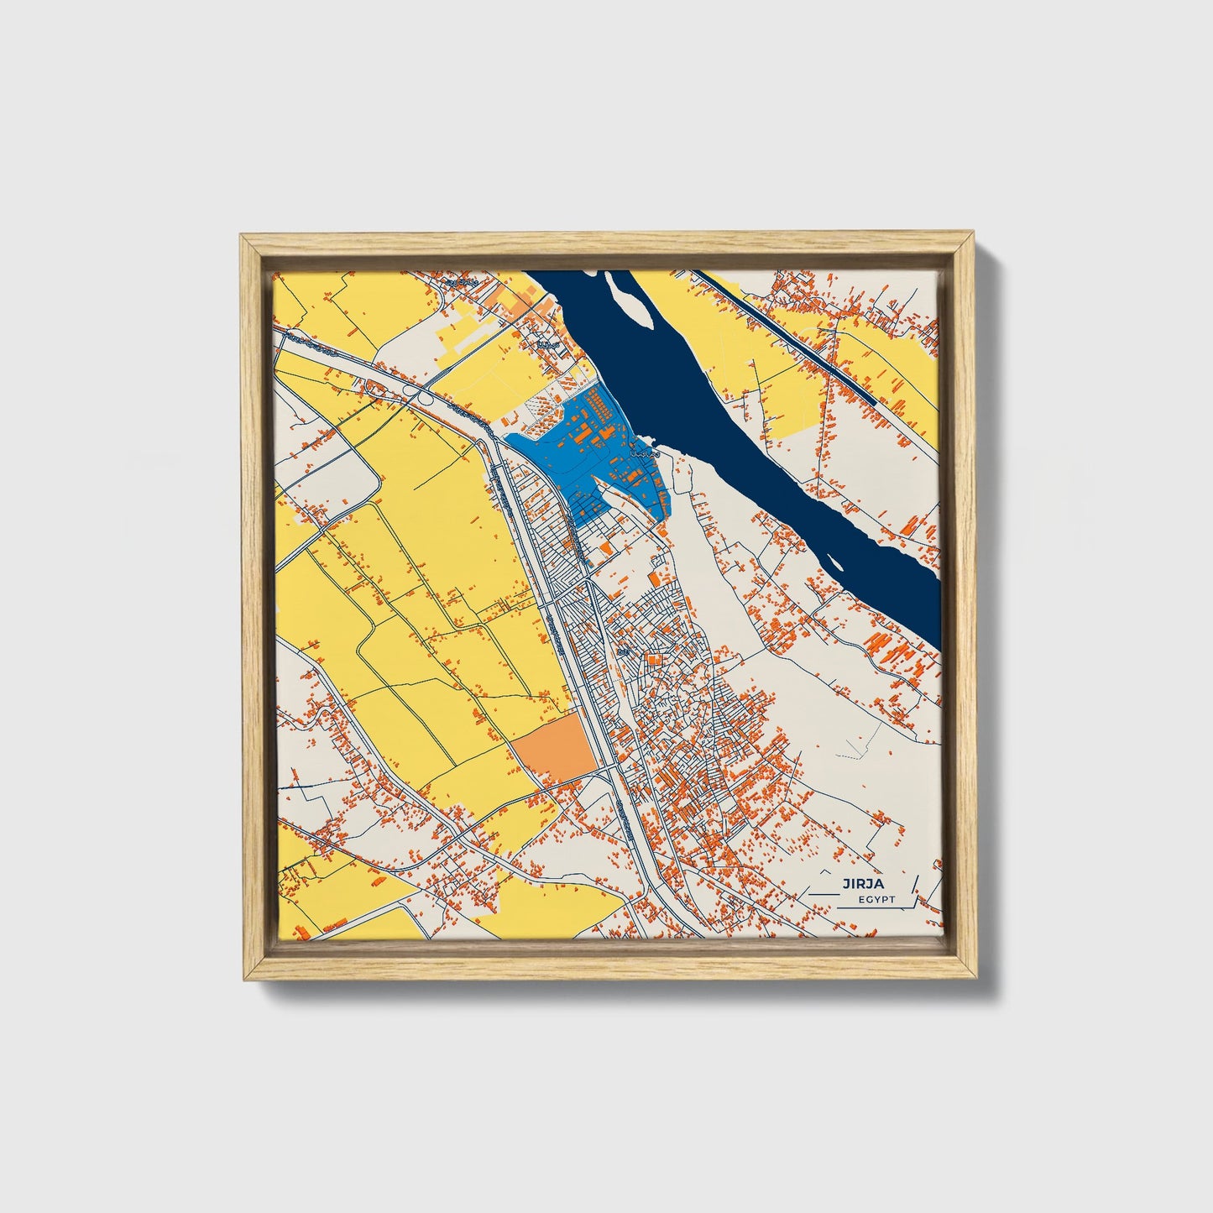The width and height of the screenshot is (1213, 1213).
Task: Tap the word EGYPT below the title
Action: tap(876, 900)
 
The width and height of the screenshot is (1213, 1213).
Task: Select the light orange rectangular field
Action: tap(554, 749)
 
